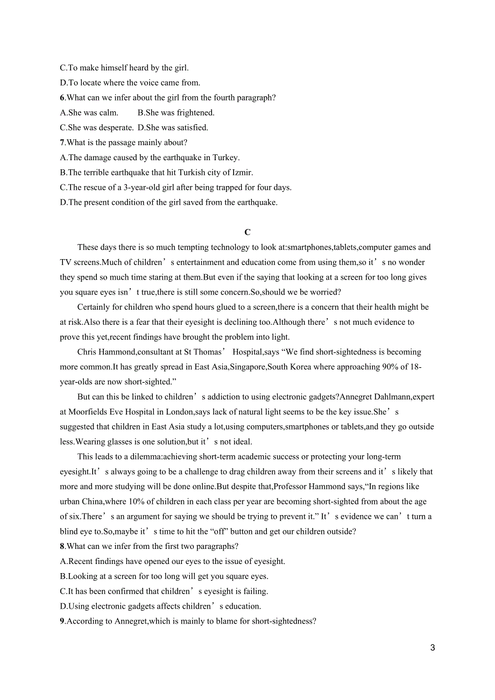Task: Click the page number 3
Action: [433, 648]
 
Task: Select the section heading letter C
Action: [247, 232]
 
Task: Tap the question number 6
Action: [62, 98]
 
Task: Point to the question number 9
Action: [62, 621]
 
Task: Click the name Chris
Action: [87, 352]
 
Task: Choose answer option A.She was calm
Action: [89, 113]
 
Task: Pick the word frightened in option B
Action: [195, 113]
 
